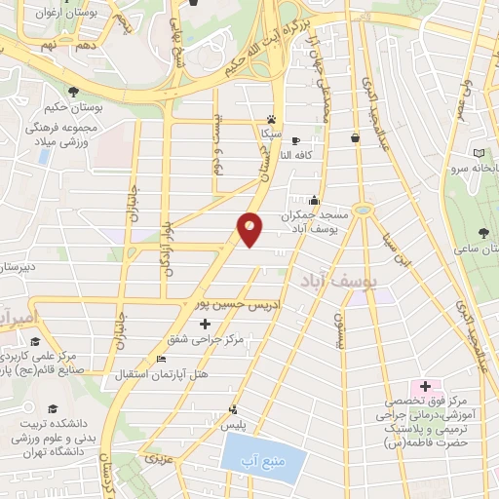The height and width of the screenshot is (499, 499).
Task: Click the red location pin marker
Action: (250, 229)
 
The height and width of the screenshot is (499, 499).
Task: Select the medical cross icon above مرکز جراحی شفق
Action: (204, 323)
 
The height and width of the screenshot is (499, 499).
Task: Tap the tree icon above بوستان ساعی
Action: (484, 232)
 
